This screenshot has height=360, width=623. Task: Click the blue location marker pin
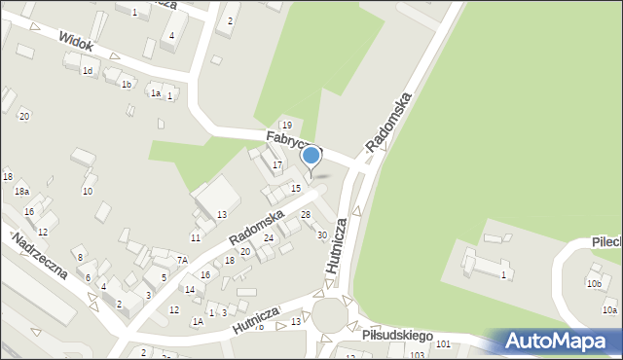click(311, 156)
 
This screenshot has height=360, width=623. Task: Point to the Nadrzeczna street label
click(40, 256)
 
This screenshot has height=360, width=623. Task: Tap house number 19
click(286, 126)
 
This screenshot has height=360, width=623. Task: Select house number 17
click(277, 165)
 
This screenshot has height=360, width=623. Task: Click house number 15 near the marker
click(296, 188)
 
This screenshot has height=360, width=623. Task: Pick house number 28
click(306, 214)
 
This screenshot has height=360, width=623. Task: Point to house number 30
click(322, 234)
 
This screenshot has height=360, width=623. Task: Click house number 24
click(269, 237)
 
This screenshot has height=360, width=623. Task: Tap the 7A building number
click(182, 260)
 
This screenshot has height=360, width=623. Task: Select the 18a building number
click(20, 192)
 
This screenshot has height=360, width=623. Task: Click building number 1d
click(88, 71)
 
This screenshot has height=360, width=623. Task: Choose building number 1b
click(127, 85)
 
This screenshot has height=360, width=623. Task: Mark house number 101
click(444, 344)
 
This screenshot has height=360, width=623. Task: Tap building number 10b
click(594, 284)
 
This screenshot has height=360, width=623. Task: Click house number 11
click(196, 237)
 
